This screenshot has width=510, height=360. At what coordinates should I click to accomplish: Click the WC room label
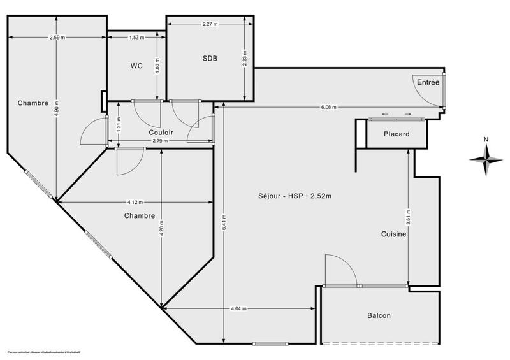136,66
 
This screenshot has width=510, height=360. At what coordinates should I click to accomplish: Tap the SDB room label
210,58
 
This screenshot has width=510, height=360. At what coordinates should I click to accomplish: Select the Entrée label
427,82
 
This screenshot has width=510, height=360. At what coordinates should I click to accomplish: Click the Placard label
396,134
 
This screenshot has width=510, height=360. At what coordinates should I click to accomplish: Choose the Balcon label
379,315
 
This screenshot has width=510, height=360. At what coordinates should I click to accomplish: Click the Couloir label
161,132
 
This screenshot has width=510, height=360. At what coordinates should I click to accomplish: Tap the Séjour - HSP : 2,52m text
295,196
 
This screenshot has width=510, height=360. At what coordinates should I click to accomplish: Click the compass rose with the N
485,159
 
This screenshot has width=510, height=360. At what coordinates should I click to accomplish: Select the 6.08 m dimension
329,107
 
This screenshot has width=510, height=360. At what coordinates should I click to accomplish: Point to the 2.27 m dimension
209,24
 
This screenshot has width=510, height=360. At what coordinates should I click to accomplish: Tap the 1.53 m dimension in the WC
136,38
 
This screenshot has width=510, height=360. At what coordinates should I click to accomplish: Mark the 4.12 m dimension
135,203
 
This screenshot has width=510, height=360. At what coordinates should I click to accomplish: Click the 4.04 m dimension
240,309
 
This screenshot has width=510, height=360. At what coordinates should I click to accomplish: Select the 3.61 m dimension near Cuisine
409,215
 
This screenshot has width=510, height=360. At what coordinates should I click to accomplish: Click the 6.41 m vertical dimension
223,223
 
